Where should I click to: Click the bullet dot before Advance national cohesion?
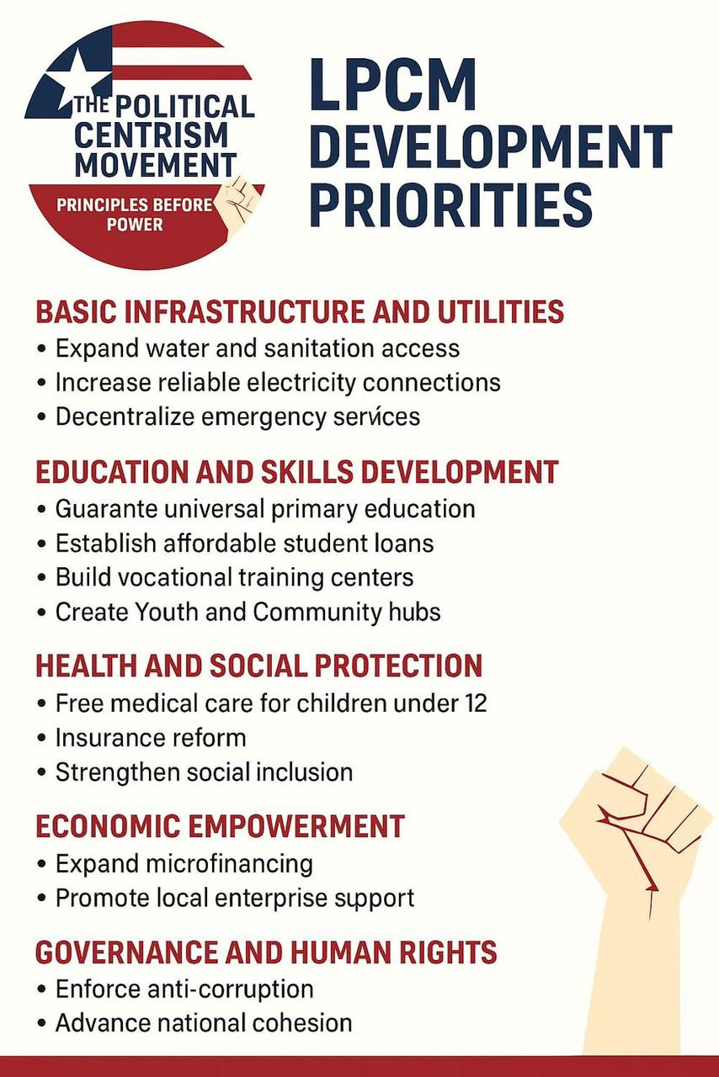point(42,1024)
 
